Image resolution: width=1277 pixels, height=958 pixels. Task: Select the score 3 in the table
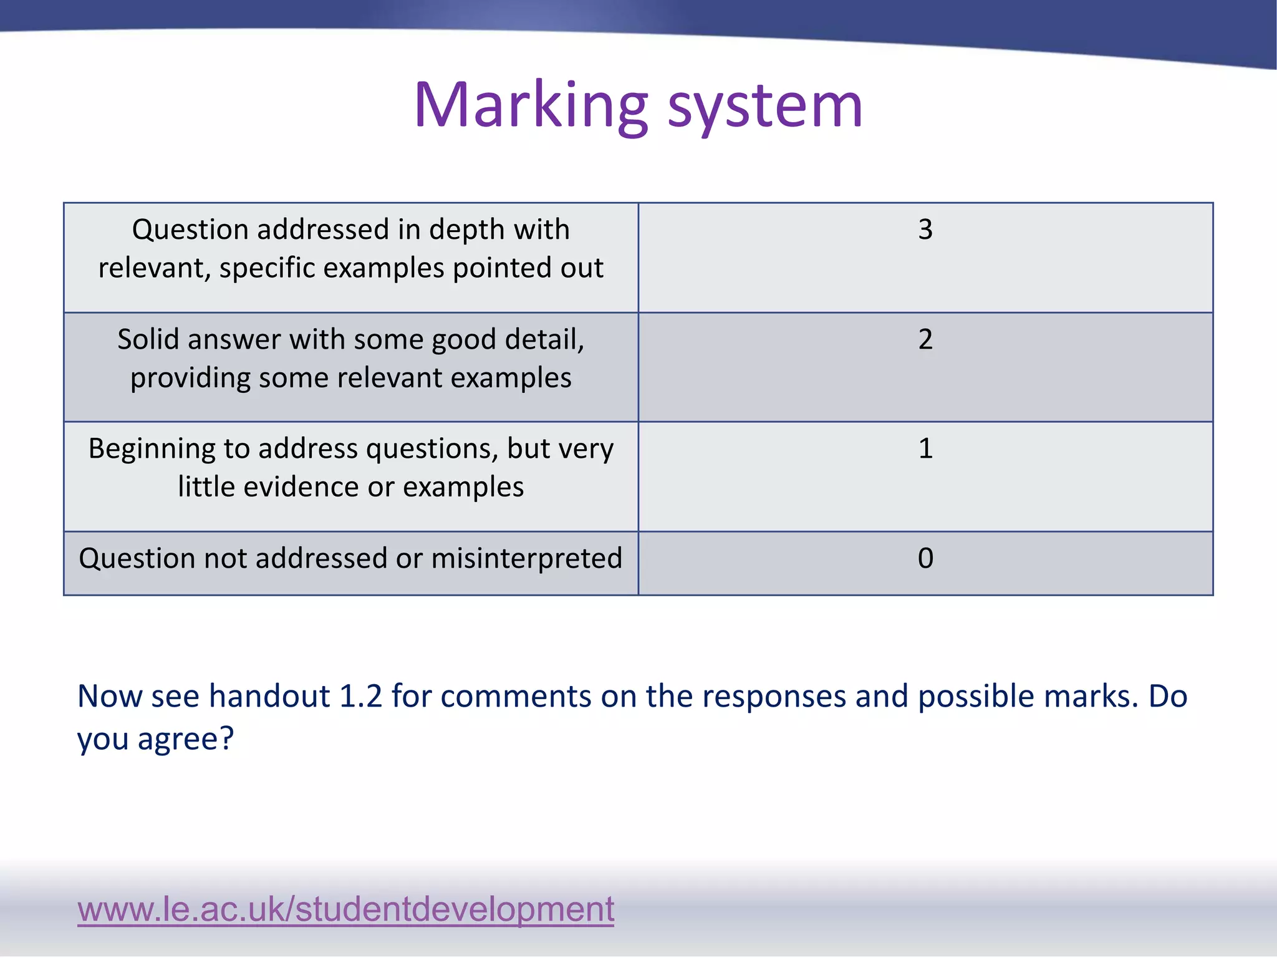[925, 230]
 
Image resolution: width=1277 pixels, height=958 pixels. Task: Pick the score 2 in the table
[925, 339]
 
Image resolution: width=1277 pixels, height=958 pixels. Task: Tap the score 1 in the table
[925, 448]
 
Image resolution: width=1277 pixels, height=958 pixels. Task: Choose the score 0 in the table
[925, 558]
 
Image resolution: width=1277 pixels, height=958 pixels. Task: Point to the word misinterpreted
[526, 558]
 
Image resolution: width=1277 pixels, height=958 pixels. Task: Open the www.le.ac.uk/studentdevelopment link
[345, 909]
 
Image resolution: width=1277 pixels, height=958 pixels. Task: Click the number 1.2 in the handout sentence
[360, 696]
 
